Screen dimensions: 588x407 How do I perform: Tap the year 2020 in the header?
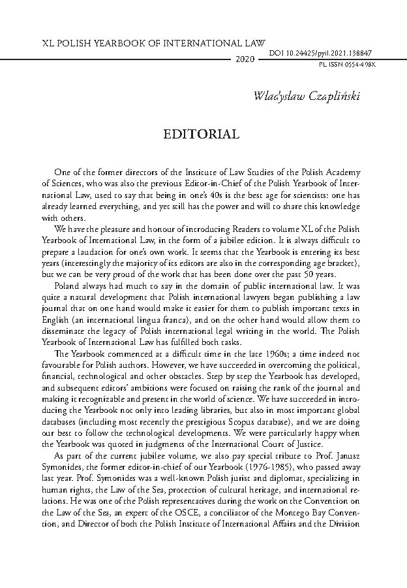(243, 59)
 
